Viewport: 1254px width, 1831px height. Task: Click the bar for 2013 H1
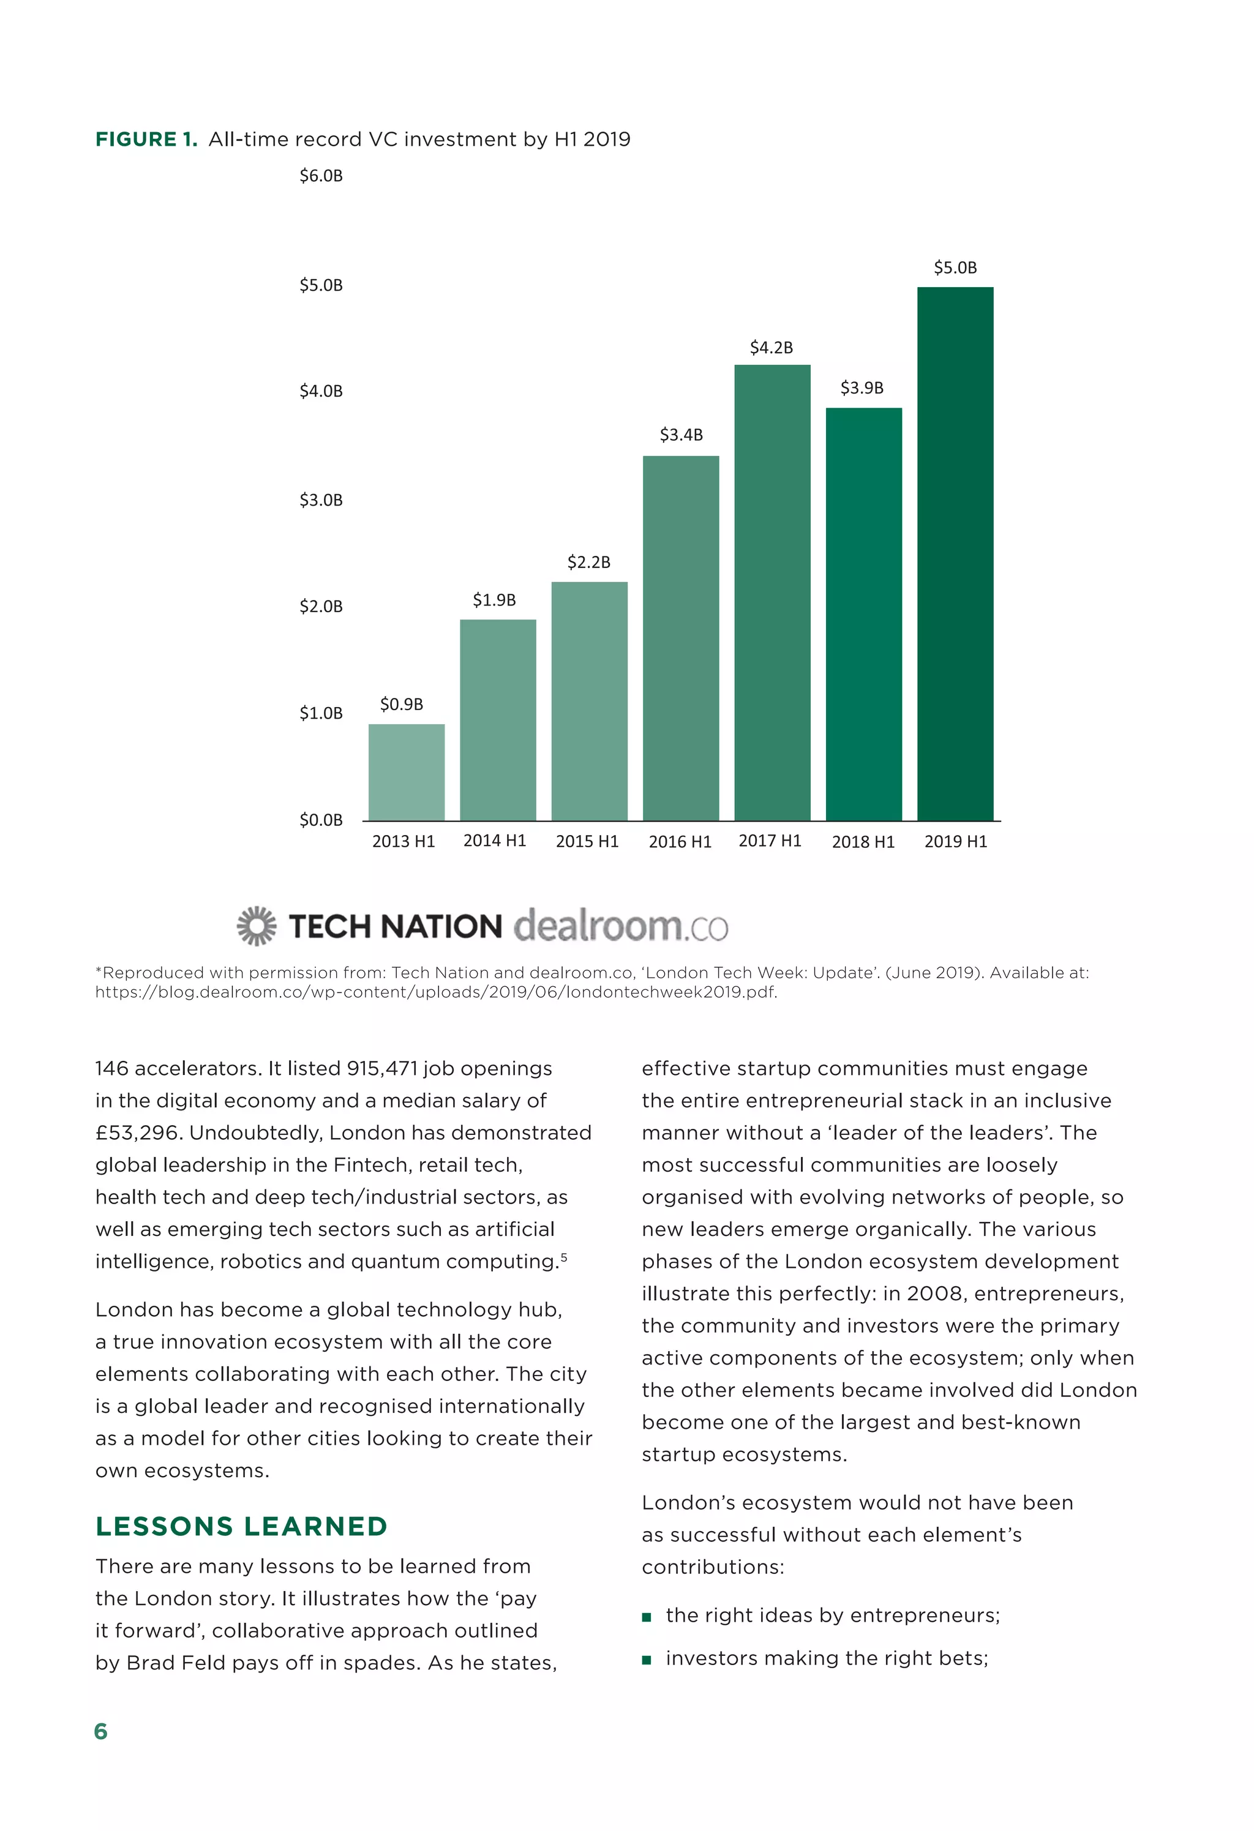click(x=406, y=771)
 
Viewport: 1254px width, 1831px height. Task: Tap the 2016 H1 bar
click(x=680, y=637)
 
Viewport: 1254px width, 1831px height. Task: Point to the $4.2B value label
click(x=771, y=348)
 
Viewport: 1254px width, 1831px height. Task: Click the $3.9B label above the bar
click(x=862, y=388)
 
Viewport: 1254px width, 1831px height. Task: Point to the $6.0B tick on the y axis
click(x=321, y=176)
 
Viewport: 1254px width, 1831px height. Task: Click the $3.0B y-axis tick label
click(x=321, y=500)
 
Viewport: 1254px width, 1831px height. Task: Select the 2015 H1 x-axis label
click(x=587, y=842)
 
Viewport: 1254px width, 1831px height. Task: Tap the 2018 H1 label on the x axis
click(x=863, y=842)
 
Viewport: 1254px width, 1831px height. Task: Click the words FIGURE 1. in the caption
click(x=146, y=140)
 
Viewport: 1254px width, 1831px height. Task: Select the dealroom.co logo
click(x=620, y=926)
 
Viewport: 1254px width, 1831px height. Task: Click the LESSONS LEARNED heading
click(x=241, y=1526)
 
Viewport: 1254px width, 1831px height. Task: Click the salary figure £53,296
click(x=139, y=1133)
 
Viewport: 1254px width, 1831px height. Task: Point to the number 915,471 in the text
click(x=381, y=1068)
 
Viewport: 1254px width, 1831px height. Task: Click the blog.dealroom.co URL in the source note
click(x=435, y=992)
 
